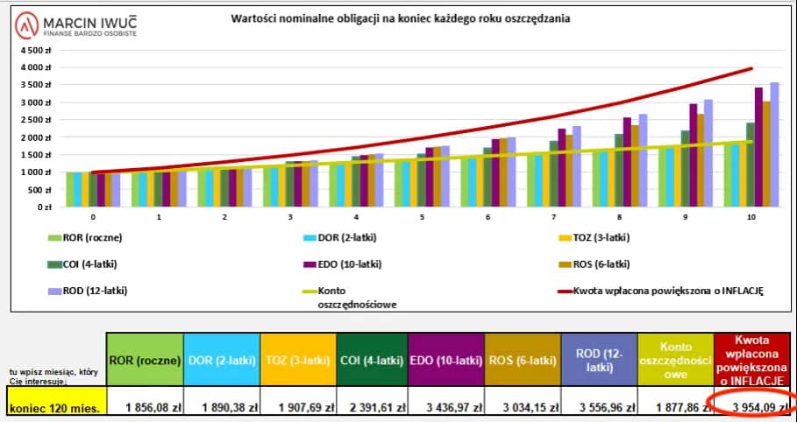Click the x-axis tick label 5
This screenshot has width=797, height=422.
(x=421, y=216)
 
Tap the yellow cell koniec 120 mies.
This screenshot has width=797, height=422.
(x=54, y=406)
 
